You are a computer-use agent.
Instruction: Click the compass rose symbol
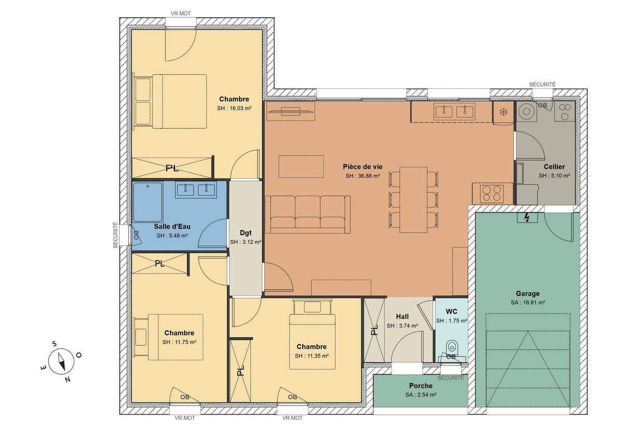[x=61, y=361]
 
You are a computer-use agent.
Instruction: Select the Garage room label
[x=527, y=293]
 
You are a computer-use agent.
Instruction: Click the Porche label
[x=421, y=386]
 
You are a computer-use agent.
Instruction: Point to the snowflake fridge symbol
[x=504, y=112]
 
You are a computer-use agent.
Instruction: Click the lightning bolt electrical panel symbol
[x=527, y=217]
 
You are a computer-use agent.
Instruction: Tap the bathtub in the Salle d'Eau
[x=147, y=202]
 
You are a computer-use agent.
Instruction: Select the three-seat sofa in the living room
[x=307, y=214]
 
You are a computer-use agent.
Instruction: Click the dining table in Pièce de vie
[x=413, y=200]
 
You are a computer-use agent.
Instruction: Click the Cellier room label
[x=554, y=166]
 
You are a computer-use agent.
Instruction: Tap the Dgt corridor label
[x=246, y=232]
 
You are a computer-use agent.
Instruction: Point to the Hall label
[x=402, y=317]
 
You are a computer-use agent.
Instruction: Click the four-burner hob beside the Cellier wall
[x=492, y=193]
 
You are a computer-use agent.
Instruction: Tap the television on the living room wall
[x=291, y=111]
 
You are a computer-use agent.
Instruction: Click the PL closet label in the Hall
[x=374, y=330]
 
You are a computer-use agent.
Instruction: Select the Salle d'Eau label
[x=172, y=227]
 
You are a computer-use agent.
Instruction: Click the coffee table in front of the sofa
[x=301, y=166]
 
